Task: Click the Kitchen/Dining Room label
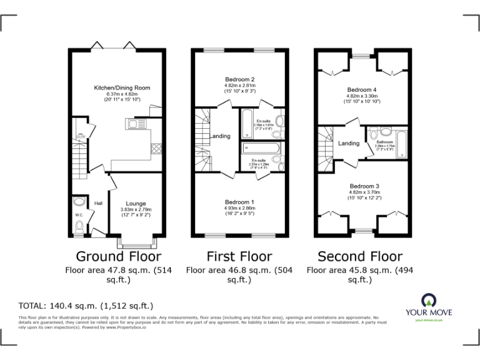pos(122,88)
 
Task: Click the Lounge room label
pos(136,204)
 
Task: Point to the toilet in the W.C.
pos(78,229)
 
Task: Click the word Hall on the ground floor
pos(98,204)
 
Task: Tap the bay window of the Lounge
pos(136,242)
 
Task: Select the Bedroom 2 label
pos(240,79)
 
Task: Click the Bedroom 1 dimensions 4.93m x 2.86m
pos(240,209)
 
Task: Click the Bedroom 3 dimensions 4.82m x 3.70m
pos(364,193)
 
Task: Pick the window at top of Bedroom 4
pos(361,55)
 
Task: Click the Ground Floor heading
pos(118,256)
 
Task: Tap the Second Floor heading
pos(360,256)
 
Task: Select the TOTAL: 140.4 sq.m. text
pos(86,306)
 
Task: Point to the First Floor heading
pos(239,256)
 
